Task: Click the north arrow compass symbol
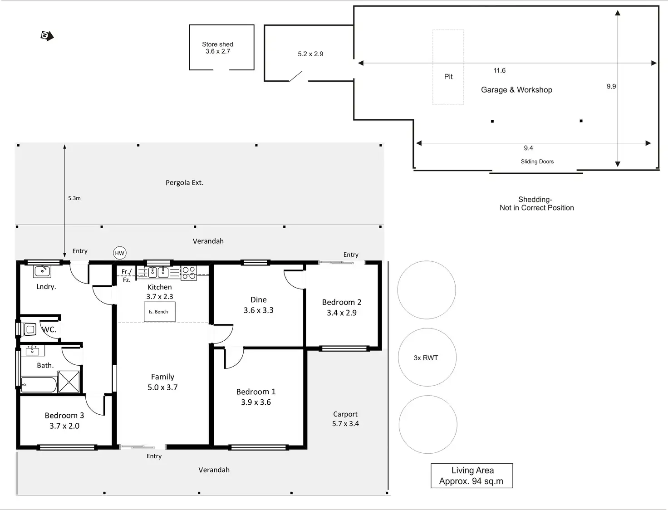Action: [x=47, y=36]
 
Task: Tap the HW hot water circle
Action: [x=119, y=253]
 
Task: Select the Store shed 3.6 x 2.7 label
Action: [x=217, y=48]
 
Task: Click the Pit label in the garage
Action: [x=448, y=77]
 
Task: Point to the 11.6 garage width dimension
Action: [x=499, y=70]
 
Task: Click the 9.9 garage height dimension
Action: [x=611, y=86]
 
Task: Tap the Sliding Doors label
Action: [x=537, y=162]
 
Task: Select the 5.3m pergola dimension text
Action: [x=74, y=198]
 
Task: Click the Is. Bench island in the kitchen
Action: [x=159, y=312]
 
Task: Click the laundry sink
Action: [x=42, y=272]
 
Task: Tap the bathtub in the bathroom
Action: [x=39, y=385]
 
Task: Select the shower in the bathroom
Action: [x=69, y=382]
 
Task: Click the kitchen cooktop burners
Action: [x=189, y=273]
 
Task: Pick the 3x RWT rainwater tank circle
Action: [x=427, y=358]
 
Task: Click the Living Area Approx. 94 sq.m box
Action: [x=472, y=476]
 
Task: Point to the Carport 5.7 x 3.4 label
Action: [x=345, y=419]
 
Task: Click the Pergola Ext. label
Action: [x=184, y=183]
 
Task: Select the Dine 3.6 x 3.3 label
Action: [x=258, y=305]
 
